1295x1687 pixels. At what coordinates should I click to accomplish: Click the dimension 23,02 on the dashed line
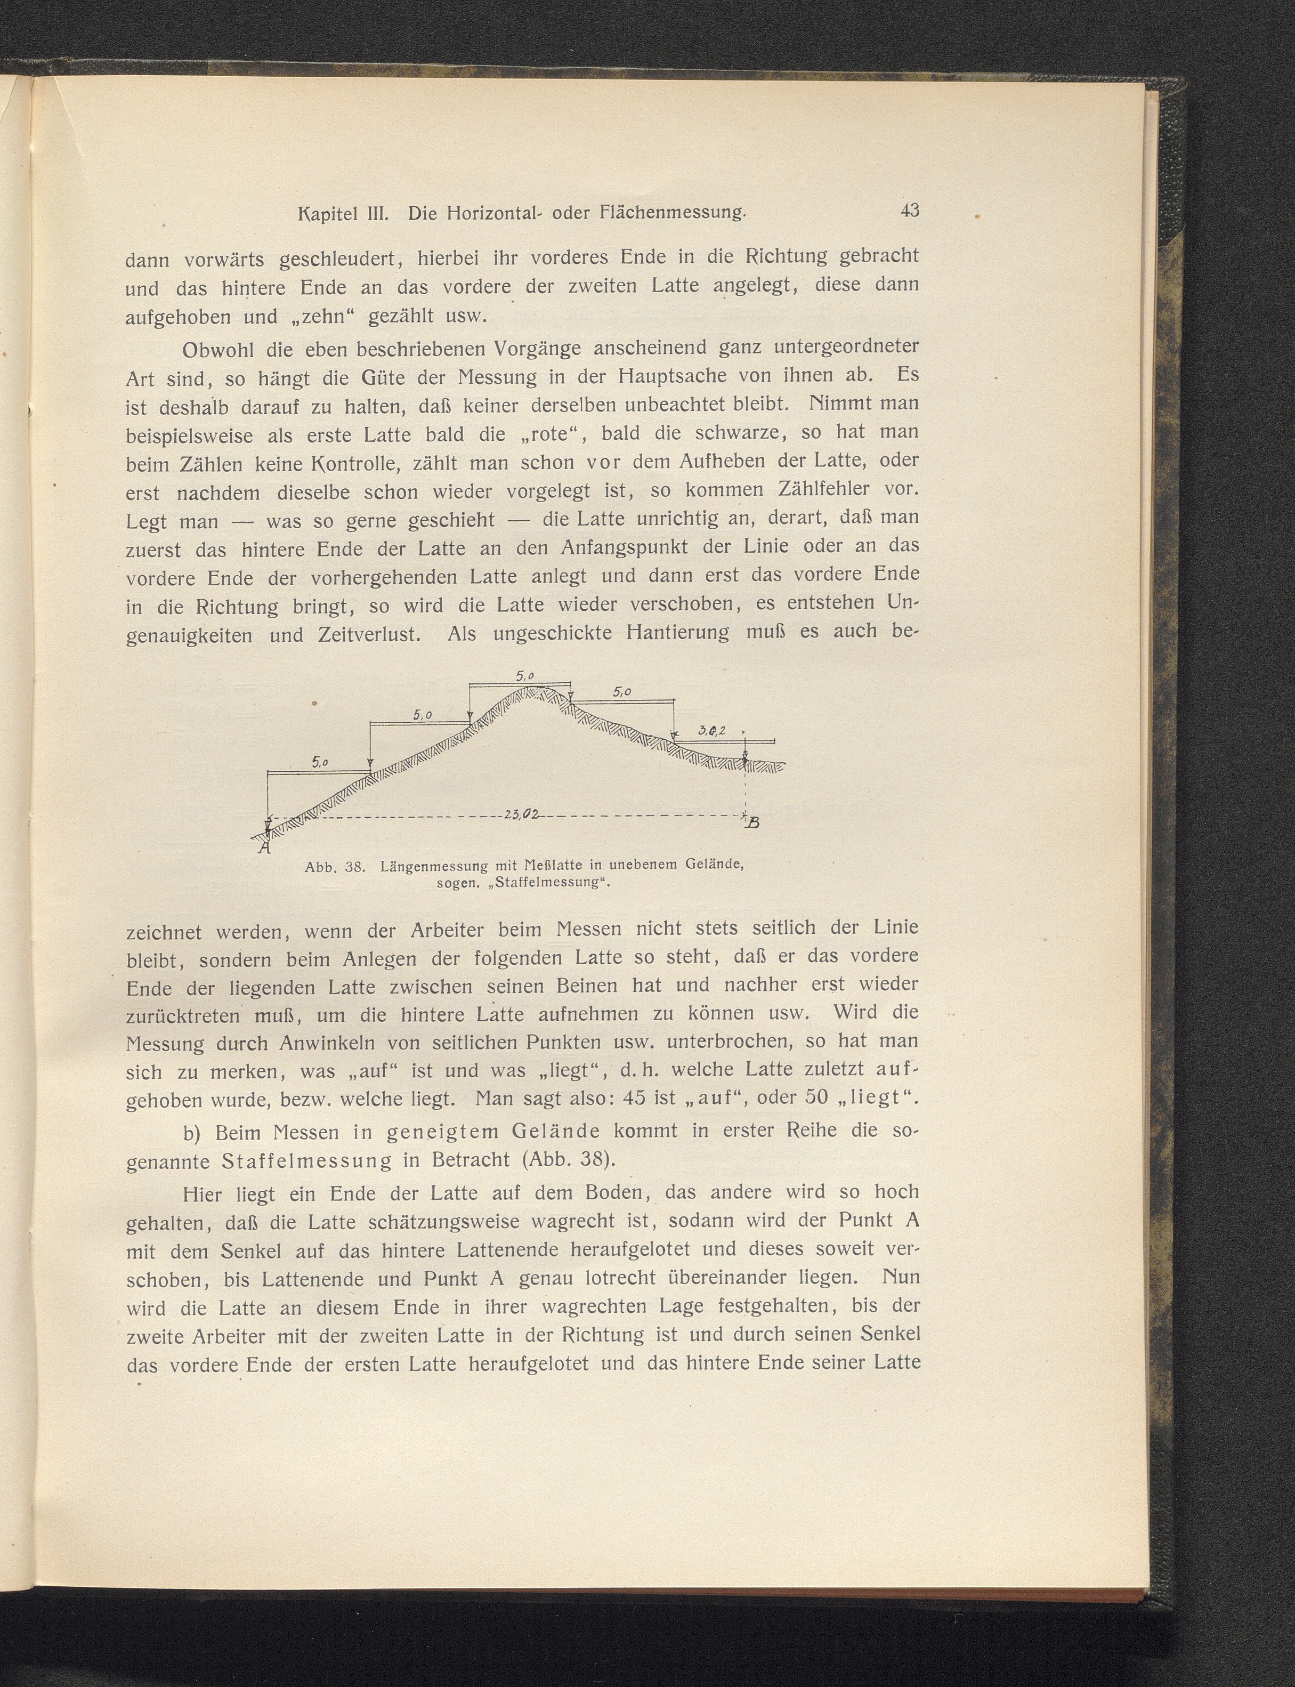[x=523, y=813]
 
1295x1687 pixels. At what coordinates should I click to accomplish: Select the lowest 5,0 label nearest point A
[x=320, y=762]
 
